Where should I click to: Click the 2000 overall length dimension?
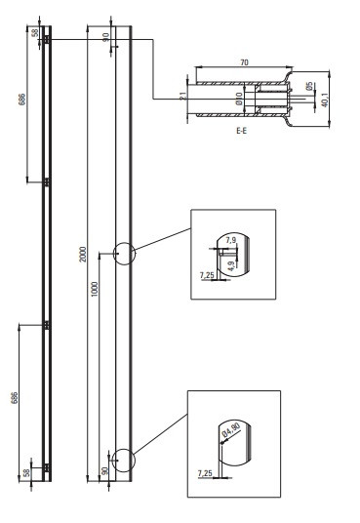[83, 254]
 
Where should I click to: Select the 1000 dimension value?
[95, 289]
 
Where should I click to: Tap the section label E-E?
[241, 131]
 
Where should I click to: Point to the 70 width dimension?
[245, 62]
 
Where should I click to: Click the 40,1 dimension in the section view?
[325, 100]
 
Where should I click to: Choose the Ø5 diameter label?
[309, 86]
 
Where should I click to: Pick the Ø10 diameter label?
[239, 99]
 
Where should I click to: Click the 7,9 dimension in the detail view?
[231, 240]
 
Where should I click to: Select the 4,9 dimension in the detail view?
[231, 266]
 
